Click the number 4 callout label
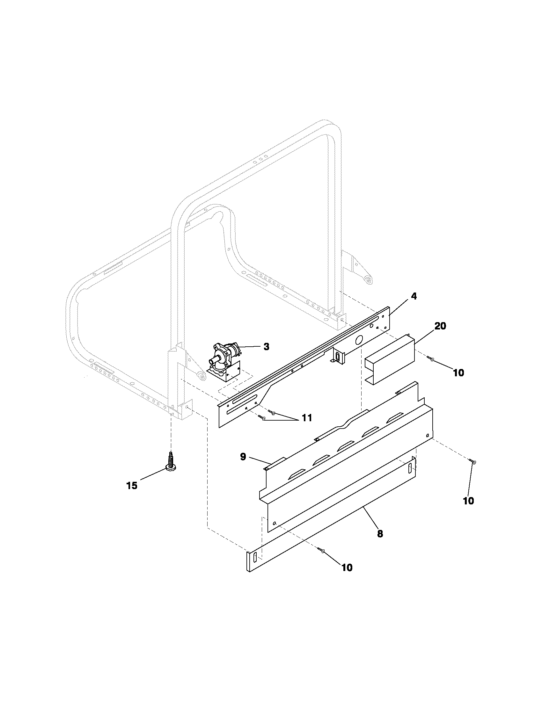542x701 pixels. click(x=414, y=296)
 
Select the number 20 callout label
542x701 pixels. click(x=440, y=326)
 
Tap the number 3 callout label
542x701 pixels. click(x=266, y=347)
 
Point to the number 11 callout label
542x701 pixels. click(x=306, y=418)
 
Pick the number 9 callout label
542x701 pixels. click(x=243, y=457)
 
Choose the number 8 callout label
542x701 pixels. click(x=380, y=534)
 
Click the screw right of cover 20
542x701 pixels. click(x=430, y=359)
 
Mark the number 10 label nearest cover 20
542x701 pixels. click(x=458, y=373)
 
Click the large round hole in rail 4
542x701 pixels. click(x=359, y=339)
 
